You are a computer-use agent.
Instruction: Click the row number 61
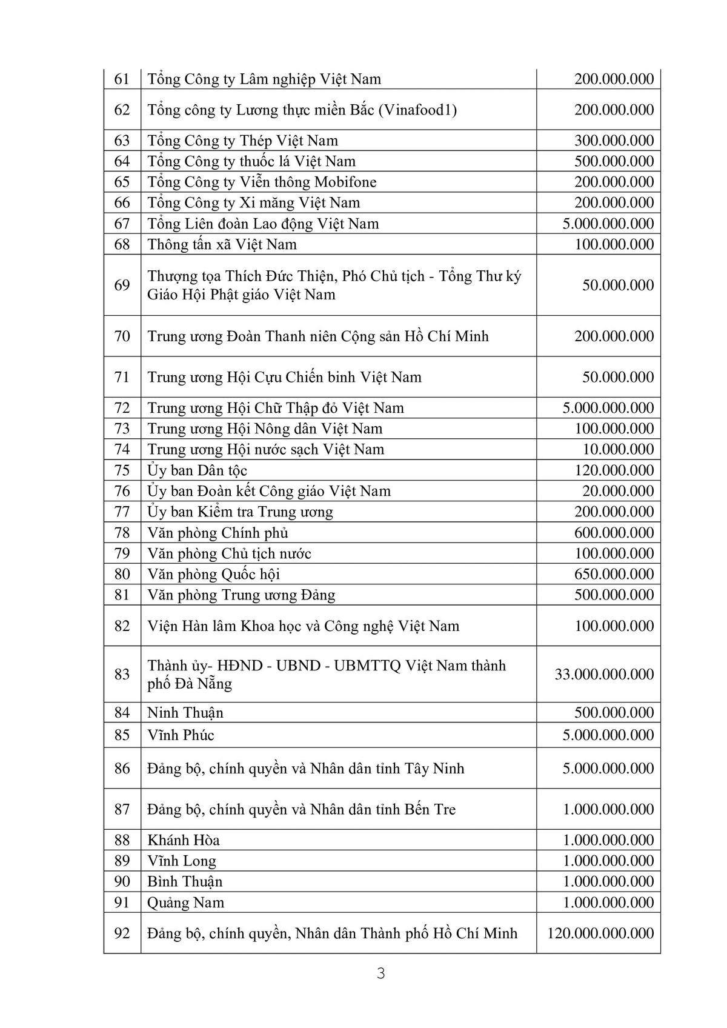pos(122,79)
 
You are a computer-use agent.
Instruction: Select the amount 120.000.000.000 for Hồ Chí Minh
pos(600,933)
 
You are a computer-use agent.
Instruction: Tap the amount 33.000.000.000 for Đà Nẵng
pos(604,674)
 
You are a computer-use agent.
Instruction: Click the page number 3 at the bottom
pos(381,973)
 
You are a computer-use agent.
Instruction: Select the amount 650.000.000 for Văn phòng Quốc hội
pos(614,574)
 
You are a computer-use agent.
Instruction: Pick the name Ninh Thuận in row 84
pos(185,712)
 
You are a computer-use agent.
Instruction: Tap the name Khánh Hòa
pos(184,840)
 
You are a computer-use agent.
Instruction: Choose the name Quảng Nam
pos(185,903)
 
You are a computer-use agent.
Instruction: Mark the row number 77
pos(122,512)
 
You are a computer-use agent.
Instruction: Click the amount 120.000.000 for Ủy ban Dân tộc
pos(614,470)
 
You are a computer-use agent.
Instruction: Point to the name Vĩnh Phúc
pos(181,735)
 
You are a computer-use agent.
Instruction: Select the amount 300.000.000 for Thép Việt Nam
pos(614,141)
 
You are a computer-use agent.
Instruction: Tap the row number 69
pos(122,285)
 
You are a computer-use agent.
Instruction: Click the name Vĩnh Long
pos(182,861)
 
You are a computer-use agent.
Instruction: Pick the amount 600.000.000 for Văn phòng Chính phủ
pos(614,533)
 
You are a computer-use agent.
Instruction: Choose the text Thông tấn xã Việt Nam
pos(222,244)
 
